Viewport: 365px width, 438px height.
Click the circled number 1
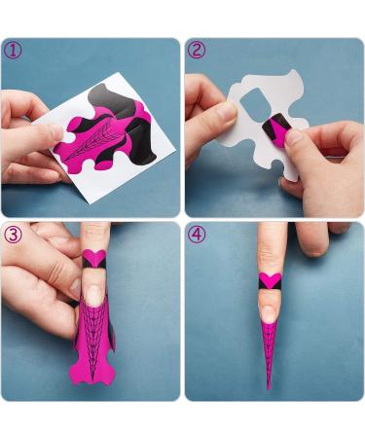tap(13, 50)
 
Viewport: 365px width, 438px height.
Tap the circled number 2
tap(197, 50)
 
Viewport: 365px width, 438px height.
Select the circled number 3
tap(13, 235)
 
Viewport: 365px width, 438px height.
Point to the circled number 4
tap(197, 235)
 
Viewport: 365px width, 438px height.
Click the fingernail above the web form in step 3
tap(94, 294)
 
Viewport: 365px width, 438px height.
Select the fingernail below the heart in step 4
tap(271, 310)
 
